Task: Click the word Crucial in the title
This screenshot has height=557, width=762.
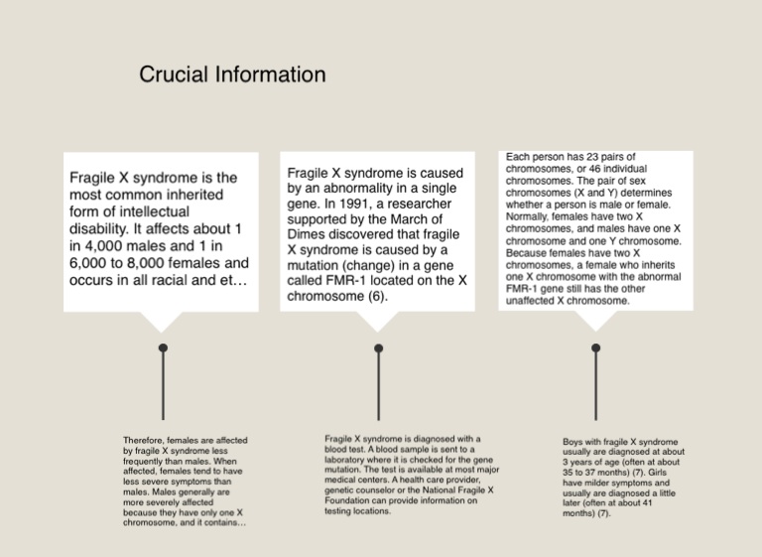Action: (x=172, y=74)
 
